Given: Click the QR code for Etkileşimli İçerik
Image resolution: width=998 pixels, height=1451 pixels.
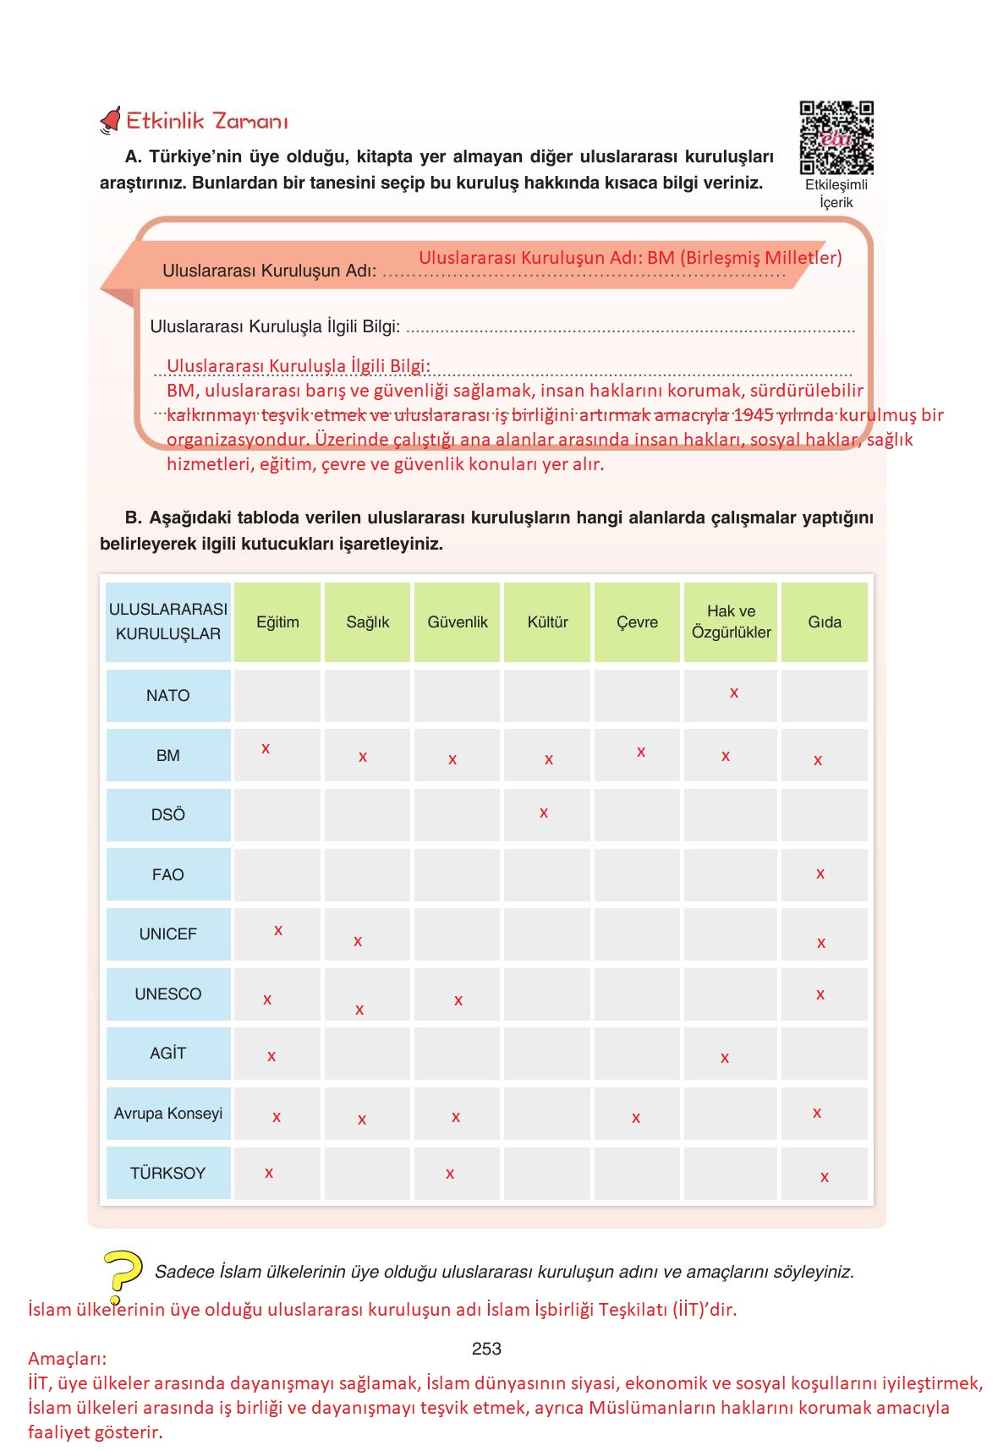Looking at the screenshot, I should tap(836, 137).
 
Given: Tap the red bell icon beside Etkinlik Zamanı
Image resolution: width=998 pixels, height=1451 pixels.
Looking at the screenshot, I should tap(111, 121).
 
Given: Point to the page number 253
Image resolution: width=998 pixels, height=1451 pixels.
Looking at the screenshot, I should tap(486, 1349).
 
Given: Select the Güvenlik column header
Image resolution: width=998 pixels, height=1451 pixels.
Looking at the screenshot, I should tap(458, 622).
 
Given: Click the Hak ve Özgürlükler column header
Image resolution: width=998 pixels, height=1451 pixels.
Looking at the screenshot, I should tap(731, 621).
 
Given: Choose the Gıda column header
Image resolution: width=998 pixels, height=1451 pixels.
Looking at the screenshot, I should tap(825, 622).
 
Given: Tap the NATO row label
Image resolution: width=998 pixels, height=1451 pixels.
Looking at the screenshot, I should tap(167, 696).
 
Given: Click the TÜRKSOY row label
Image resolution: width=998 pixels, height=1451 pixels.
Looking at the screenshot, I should tap(167, 1174).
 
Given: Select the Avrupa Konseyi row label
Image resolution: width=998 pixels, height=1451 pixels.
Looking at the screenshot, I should tap(167, 1114).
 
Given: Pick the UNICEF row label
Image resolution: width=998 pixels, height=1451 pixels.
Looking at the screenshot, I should tap(167, 934).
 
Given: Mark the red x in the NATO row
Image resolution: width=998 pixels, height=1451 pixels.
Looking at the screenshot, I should tap(734, 693).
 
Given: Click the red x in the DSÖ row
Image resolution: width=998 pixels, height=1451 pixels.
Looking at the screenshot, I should tap(544, 813).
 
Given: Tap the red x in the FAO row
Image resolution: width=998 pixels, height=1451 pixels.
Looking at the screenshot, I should tap(820, 874).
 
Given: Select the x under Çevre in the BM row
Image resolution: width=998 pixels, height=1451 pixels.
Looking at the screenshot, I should tap(641, 753).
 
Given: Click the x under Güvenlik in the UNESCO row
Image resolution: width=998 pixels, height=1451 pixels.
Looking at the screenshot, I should tap(458, 1001).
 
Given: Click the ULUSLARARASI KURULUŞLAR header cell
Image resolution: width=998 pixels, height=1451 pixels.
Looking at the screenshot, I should tap(167, 621).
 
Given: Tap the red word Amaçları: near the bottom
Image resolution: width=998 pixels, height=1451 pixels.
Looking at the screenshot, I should tap(68, 1359).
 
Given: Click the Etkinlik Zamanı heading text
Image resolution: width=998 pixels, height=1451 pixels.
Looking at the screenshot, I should tap(207, 121).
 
